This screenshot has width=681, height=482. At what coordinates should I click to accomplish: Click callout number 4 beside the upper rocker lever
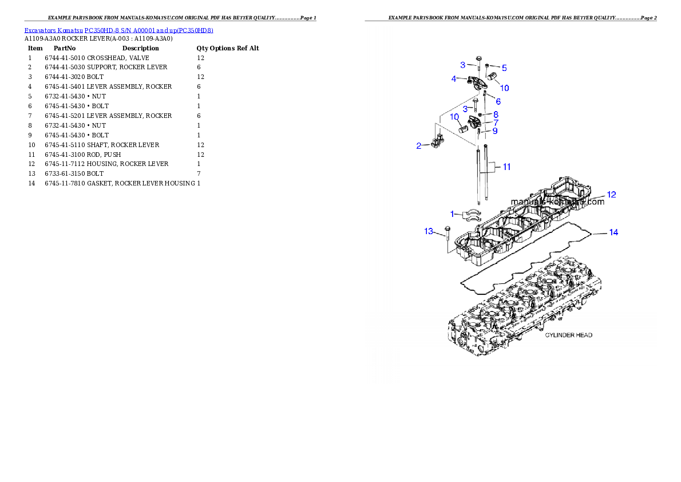[x=454, y=78]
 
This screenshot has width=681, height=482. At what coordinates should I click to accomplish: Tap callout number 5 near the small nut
[x=504, y=67]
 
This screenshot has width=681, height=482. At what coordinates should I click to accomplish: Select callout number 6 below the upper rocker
[x=498, y=101]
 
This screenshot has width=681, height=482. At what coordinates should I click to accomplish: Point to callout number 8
[x=496, y=114]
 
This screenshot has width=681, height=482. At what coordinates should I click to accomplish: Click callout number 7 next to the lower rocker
[x=496, y=123]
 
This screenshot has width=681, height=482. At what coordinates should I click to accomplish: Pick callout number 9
[x=494, y=131]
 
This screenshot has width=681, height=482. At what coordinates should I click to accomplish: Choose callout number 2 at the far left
[x=418, y=146]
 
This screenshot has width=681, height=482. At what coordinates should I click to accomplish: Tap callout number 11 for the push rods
[x=506, y=167]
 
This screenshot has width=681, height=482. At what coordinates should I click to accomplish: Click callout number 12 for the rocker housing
[x=611, y=195]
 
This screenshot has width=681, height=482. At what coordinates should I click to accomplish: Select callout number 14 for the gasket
[x=613, y=232]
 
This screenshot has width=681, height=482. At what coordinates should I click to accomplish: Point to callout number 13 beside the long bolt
[x=429, y=231]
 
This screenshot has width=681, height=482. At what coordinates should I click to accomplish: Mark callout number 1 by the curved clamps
[x=452, y=214]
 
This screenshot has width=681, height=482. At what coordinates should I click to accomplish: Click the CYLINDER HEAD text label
[x=568, y=335]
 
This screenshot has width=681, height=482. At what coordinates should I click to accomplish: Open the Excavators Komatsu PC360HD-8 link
[x=118, y=30]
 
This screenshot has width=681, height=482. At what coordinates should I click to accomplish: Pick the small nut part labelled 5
[x=487, y=66]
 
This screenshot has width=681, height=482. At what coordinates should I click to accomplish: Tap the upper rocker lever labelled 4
[x=475, y=81]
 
